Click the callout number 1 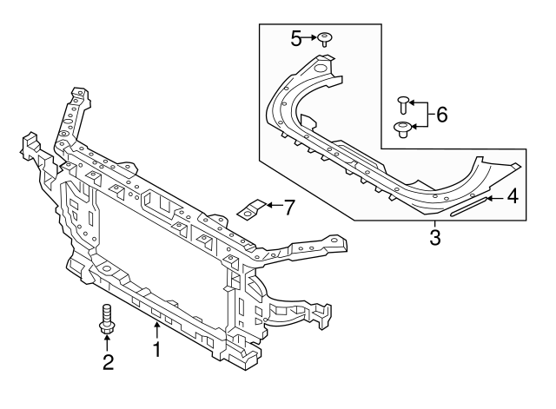click(x=157, y=351)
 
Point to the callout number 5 click(x=296, y=38)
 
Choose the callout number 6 click(x=441, y=115)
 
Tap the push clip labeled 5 click(x=325, y=37)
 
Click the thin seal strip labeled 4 click(x=469, y=205)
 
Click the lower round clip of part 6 click(x=403, y=129)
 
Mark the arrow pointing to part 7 click(x=272, y=205)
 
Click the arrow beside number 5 click(x=310, y=38)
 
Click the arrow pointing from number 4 click(x=495, y=199)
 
